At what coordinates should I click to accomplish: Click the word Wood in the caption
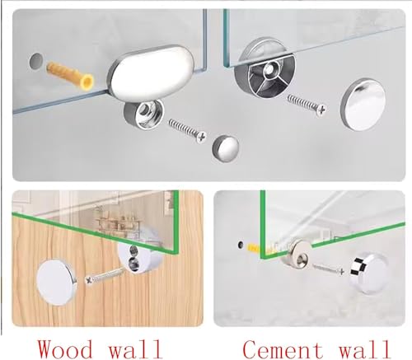[x=65, y=348]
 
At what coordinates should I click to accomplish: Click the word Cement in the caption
[x=283, y=349]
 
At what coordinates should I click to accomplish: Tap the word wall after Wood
[x=134, y=348]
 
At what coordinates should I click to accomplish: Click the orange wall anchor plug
[x=70, y=75]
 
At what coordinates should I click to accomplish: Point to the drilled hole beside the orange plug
[x=36, y=61]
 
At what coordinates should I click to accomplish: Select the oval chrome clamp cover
[x=152, y=73]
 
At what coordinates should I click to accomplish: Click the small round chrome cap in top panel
[x=226, y=148]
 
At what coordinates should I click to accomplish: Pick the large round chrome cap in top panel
[x=363, y=104]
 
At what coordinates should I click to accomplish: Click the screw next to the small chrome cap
[x=187, y=130]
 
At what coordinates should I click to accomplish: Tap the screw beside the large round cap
[x=307, y=104]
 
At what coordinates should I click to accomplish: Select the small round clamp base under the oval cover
[x=143, y=115]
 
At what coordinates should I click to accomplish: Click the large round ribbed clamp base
[x=265, y=74]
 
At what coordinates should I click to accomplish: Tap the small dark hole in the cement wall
[x=241, y=244]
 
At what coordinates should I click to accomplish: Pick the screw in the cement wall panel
[x=328, y=269]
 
